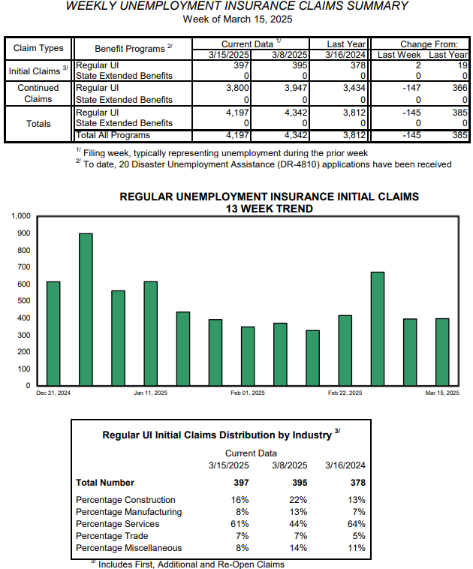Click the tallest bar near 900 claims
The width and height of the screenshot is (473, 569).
point(86,309)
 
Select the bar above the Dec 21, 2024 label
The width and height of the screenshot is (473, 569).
point(53,333)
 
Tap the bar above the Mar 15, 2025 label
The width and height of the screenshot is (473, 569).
point(442,352)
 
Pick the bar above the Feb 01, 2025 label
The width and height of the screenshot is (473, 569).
point(248,356)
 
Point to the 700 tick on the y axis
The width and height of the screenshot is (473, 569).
point(24,267)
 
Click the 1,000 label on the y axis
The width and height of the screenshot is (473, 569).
point(21,216)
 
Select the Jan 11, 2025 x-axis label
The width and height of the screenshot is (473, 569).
point(151,393)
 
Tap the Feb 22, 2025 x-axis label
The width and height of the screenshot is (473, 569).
point(345,393)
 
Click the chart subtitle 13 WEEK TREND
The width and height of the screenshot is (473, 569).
point(269,209)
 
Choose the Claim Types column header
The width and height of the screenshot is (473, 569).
point(38,48)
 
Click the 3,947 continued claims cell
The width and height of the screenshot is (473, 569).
point(296,88)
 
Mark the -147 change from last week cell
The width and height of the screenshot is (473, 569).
point(411,88)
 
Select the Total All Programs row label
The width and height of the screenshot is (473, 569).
point(113,135)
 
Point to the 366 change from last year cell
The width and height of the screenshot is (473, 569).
point(459,88)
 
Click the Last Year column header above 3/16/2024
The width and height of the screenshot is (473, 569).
point(346,44)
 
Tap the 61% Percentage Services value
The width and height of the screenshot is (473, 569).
point(240,524)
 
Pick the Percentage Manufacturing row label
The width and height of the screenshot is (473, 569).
point(129,512)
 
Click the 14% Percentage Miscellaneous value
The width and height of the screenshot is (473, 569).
point(298,548)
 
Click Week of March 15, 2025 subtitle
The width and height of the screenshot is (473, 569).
point(237,20)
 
